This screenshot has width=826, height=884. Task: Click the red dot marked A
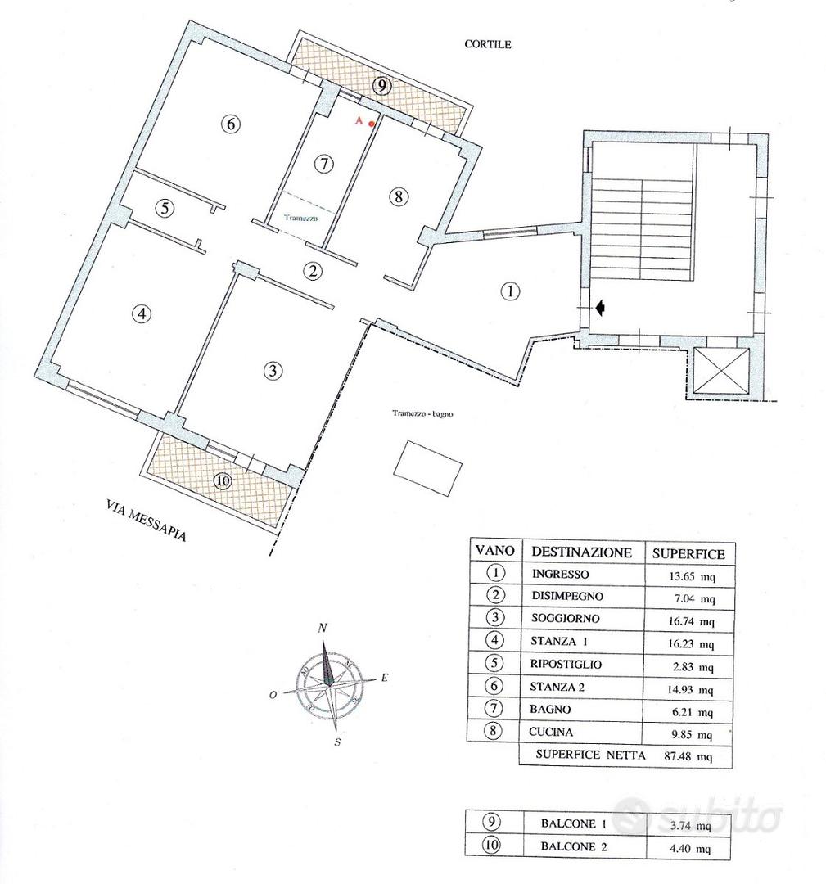tap(371, 124)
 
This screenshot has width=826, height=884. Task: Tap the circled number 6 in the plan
tap(231, 124)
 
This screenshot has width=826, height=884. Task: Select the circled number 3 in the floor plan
tap(273, 371)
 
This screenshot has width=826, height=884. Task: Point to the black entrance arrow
tap(600, 307)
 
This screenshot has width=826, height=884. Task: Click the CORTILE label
tap(488, 44)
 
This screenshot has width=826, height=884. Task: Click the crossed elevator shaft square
tap(721, 371)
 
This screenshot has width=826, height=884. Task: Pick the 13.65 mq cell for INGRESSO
tap(691, 576)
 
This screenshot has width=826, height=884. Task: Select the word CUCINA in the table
tap(551, 732)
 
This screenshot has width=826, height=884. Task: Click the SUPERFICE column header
tap(688, 553)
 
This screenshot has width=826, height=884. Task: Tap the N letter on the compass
tap(323, 628)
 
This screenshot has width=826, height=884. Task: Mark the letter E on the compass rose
tap(385, 678)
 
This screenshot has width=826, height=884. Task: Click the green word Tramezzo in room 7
tap(300, 219)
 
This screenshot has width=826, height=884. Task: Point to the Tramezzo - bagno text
tap(423, 414)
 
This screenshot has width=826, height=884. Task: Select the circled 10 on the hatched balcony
tap(223, 481)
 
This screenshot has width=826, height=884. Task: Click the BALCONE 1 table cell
tap(573, 823)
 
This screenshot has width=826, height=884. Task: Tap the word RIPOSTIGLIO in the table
tap(566, 664)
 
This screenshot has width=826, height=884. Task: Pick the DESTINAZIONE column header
tap(581, 552)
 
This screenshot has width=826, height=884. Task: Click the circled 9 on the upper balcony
tap(382, 86)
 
